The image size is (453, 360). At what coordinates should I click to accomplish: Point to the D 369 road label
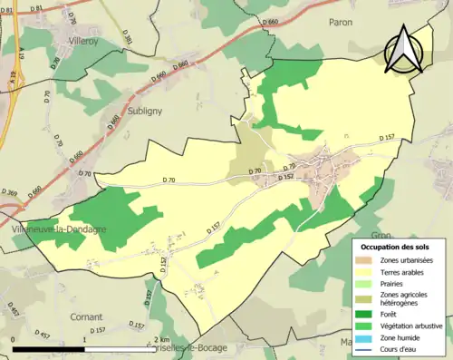coord(11,192)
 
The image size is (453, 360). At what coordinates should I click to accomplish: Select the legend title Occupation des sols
coord(395,248)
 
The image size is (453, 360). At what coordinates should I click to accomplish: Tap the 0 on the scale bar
coord(13,337)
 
